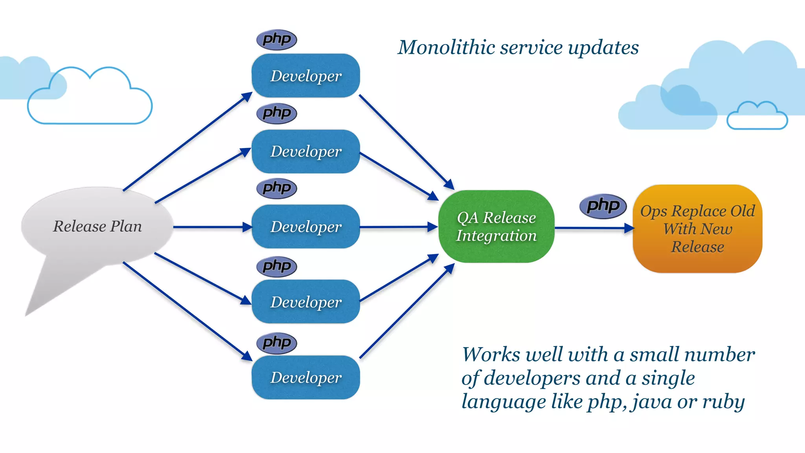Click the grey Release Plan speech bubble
pos(97,226)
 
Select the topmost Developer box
pos(306,76)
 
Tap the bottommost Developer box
pos(306,377)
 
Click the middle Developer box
pos(306,227)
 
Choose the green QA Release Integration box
pos(496,226)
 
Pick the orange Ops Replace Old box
pos(697,229)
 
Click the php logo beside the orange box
pos(603,206)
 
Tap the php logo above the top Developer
pos(277,40)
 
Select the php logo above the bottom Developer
pos(277,343)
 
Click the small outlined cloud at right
pos(757,117)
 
